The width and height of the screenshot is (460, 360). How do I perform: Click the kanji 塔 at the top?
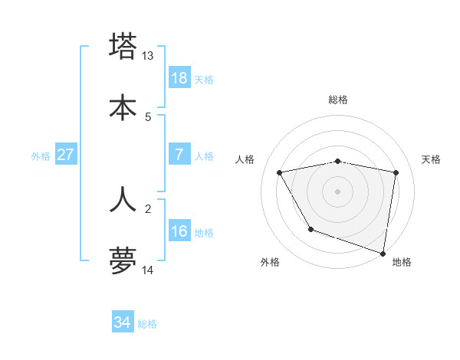[x=123, y=47]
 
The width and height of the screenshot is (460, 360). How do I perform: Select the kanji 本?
[x=123, y=107]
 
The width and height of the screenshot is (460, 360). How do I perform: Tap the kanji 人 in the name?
[x=123, y=199]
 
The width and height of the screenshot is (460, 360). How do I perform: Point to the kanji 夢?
[x=123, y=260]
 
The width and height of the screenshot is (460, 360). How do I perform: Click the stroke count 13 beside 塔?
[x=148, y=56]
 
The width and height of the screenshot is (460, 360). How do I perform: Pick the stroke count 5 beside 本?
[x=148, y=116]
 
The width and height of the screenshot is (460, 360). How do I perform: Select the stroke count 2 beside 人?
[x=148, y=208]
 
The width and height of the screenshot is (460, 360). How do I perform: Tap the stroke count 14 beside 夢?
[x=148, y=270]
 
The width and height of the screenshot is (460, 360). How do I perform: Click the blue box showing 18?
[x=179, y=78]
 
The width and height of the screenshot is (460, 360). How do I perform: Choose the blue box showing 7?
[x=179, y=155]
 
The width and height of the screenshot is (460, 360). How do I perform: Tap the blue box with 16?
[x=179, y=231]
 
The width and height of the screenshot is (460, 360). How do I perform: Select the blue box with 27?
[x=66, y=155]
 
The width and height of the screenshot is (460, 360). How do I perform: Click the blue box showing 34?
[x=123, y=322]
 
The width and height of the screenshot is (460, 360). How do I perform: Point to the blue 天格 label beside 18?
[x=204, y=80]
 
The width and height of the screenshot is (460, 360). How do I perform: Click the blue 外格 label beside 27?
[x=41, y=156]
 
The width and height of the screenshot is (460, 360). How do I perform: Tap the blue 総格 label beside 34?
[x=147, y=324]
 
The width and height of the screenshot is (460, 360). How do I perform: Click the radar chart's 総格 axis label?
[x=338, y=100]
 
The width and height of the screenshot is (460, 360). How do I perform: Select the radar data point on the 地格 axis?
[x=383, y=253]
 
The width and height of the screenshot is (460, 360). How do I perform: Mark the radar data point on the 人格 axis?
[x=280, y=173]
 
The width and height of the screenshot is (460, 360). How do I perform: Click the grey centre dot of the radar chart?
[x=338, y=191]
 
